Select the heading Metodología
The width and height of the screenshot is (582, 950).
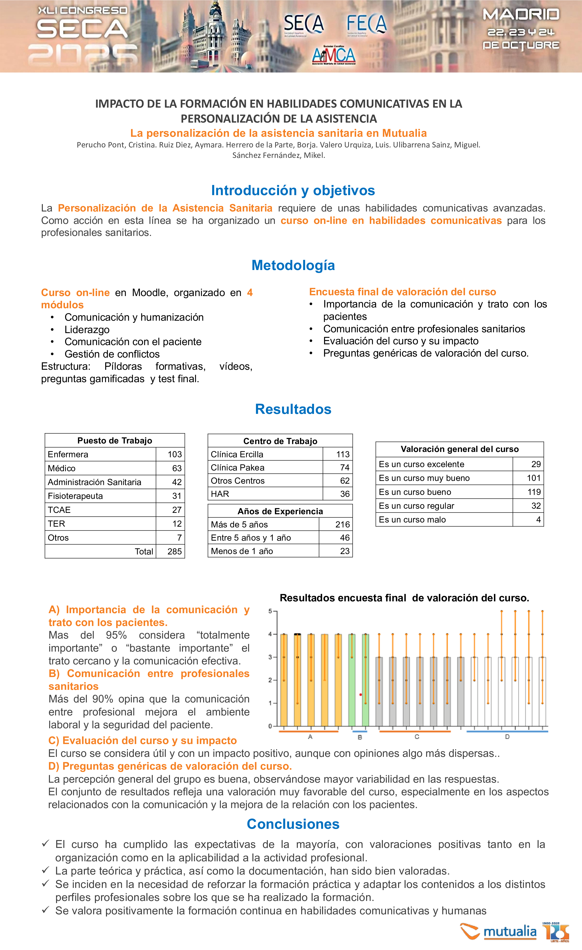pos(293,265)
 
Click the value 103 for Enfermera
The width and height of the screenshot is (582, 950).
pos(174,454)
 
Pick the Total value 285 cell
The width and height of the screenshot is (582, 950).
pos(174,551)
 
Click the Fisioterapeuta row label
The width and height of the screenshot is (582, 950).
pos(75,496)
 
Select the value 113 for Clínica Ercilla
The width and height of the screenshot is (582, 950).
pos(342,454)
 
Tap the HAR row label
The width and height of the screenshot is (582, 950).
pos(220,494)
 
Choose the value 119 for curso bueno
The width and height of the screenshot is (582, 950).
pos(534,492)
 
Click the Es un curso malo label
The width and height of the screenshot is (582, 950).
pos(412,520)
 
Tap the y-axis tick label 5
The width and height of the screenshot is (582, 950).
pos(270,611)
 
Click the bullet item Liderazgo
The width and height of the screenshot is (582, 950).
pos(87,330)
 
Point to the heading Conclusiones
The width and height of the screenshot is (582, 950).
pos(293,824)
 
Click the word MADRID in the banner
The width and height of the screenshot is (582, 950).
pos(521,15)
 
